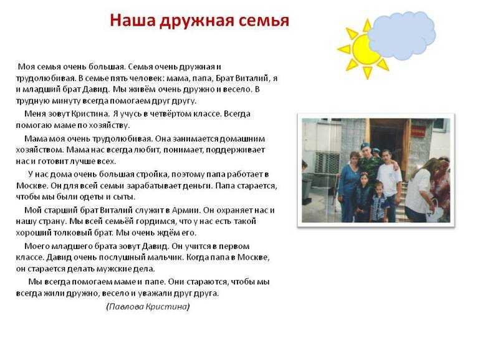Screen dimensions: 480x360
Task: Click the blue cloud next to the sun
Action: [401, 35]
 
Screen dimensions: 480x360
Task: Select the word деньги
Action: [197, 186]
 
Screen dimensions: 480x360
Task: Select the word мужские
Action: [113, 269]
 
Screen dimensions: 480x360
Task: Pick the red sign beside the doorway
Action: [416, 132]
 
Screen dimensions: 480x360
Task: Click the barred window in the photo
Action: [327, 162]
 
